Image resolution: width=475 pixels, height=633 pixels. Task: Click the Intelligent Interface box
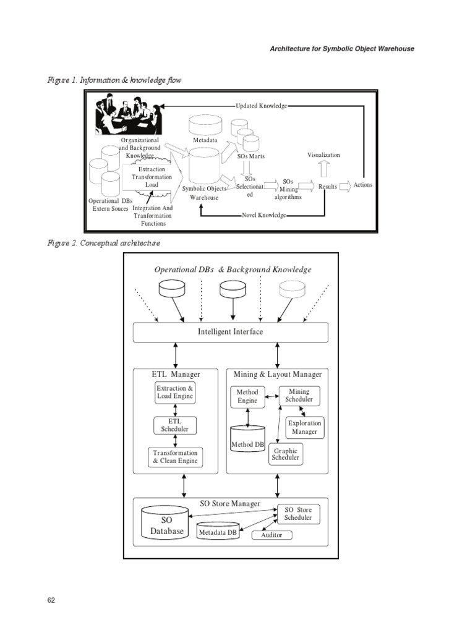click(231, 332)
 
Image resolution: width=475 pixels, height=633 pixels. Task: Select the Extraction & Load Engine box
click(175, 392)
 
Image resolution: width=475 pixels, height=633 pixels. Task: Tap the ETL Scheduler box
click(175, 425)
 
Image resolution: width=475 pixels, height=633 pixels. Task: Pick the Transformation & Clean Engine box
click(175, 457)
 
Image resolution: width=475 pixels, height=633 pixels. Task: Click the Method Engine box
click(247, 396)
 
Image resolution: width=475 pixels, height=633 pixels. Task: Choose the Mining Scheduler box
click(299, 396)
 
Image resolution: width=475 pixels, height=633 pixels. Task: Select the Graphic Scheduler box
click(285, 454)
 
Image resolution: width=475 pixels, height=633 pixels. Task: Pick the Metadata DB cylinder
click(217, 532)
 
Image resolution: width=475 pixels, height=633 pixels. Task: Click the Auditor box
click(272, 535)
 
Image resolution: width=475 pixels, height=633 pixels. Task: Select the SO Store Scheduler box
click(298, 514)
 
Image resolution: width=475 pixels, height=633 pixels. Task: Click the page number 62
click(51, 600)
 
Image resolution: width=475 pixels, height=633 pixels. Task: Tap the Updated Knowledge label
click(261, 106)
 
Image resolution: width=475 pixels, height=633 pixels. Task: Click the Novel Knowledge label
click(263, 215)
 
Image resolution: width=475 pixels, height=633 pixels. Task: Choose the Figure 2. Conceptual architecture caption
click(104, 243)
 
